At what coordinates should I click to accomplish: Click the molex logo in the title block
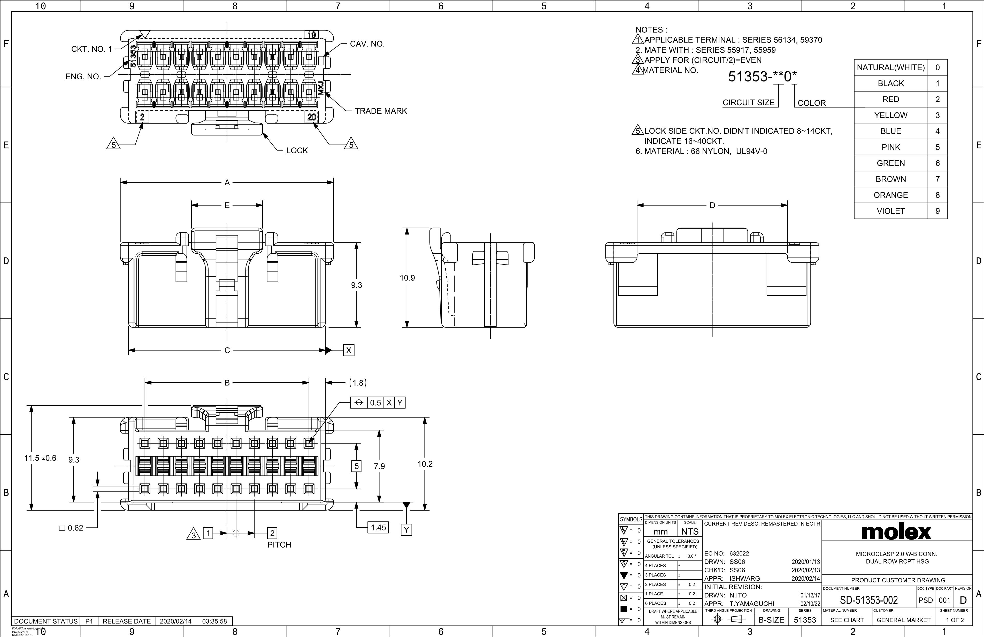pos(896,532)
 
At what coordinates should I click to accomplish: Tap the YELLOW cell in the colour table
pos(890,115)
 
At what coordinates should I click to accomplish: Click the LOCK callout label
pos(297,150)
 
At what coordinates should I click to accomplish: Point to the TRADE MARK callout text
pos(381,111)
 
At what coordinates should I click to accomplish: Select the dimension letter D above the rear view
pos(712,206)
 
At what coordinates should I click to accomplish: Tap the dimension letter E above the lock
pos(227,205)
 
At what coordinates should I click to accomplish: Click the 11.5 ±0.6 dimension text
pos(40,458)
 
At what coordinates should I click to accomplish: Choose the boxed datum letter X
pos(349,350)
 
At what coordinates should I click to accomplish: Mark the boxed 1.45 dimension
pos(378,527)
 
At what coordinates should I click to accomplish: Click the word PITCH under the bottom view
pos(279,545)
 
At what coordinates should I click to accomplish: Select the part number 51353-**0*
pos(762,77)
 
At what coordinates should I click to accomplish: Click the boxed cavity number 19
pos(311,35)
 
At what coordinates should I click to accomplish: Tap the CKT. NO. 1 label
pos(91,49)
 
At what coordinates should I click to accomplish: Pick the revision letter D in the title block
pos(963,600)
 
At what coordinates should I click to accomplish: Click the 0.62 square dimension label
pos(72,528)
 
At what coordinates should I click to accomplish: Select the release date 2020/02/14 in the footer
pos(176,621)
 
